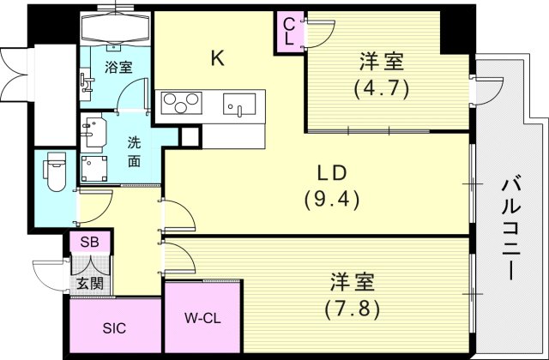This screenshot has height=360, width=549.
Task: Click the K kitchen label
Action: (218, 58)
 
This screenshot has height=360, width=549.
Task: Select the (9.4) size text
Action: (330, 199)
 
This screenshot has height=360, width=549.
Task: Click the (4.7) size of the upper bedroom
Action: (382, 87)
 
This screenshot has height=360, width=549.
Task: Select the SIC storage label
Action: (114, 327)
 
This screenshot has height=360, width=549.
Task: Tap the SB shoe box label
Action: (89, 243)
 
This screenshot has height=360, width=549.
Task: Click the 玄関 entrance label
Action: (88, 282)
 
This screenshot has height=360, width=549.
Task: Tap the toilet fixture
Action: (56, 171)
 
